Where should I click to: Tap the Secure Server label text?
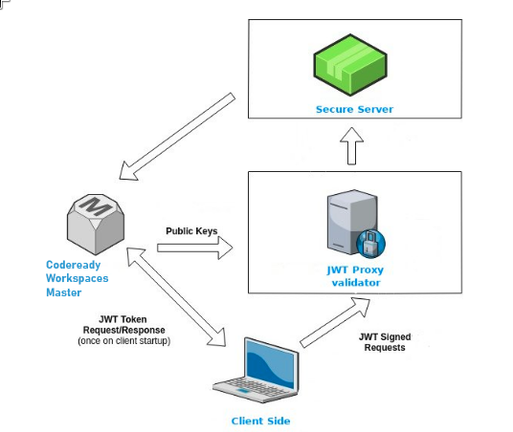354,109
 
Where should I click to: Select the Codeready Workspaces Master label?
78,278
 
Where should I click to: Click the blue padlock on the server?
372,242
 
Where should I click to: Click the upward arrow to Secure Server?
352,148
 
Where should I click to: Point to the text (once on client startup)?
123,340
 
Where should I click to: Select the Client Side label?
260,421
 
